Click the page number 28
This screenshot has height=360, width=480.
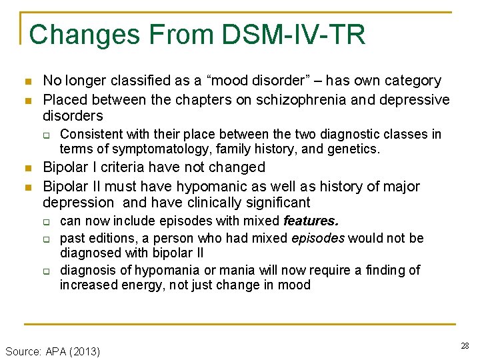click(464, 345)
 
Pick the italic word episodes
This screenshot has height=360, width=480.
click(318, 238)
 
